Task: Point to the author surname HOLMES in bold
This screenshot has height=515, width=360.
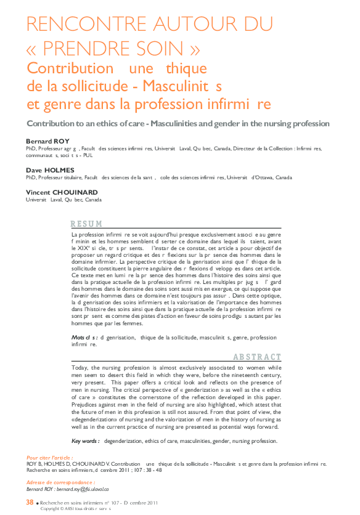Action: point(59,169)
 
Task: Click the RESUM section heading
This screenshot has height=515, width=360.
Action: point(86,224)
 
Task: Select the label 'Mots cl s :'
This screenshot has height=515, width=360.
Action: point(84,338)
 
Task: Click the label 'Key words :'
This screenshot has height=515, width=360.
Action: point(86,441)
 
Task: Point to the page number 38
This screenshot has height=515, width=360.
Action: point(30,502)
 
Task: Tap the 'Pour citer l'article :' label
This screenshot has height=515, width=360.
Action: point(50,458)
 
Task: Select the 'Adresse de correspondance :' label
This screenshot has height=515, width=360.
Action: point(60,482)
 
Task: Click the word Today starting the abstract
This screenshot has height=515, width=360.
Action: point(81,367)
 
